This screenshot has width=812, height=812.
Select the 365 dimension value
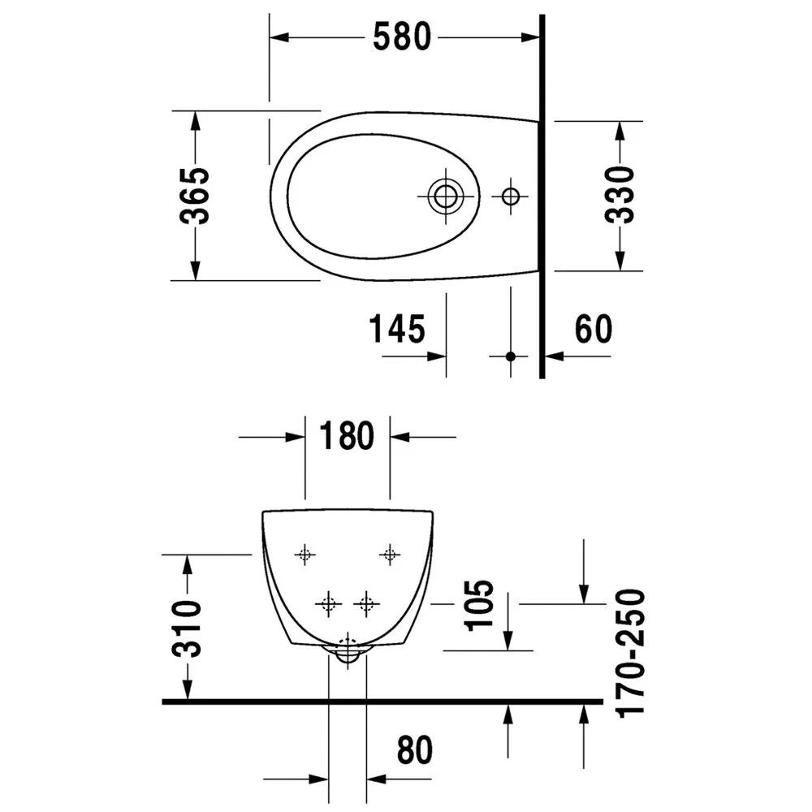tap(195, 196)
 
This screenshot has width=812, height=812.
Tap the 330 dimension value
tap(620, 196)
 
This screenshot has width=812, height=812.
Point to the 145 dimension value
tap(397, 330)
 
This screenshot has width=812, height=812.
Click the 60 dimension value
tap(594, 330)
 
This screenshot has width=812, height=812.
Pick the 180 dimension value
tap(347, 437)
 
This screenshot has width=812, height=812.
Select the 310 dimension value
tap(188, 628)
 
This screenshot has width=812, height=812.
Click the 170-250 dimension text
tap(630, 653)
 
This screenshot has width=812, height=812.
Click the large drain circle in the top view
tap(445, 196)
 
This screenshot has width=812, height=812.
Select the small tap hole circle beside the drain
tap(510, 196)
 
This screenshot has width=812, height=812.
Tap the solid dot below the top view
tap(511, 356)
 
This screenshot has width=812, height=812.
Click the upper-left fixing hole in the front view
tap(304, 555)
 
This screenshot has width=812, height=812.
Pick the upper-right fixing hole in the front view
tap(391, 555)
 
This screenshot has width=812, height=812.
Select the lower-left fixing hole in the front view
tap(328, 603)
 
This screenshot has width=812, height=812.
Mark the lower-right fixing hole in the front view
tap(366, 603)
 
